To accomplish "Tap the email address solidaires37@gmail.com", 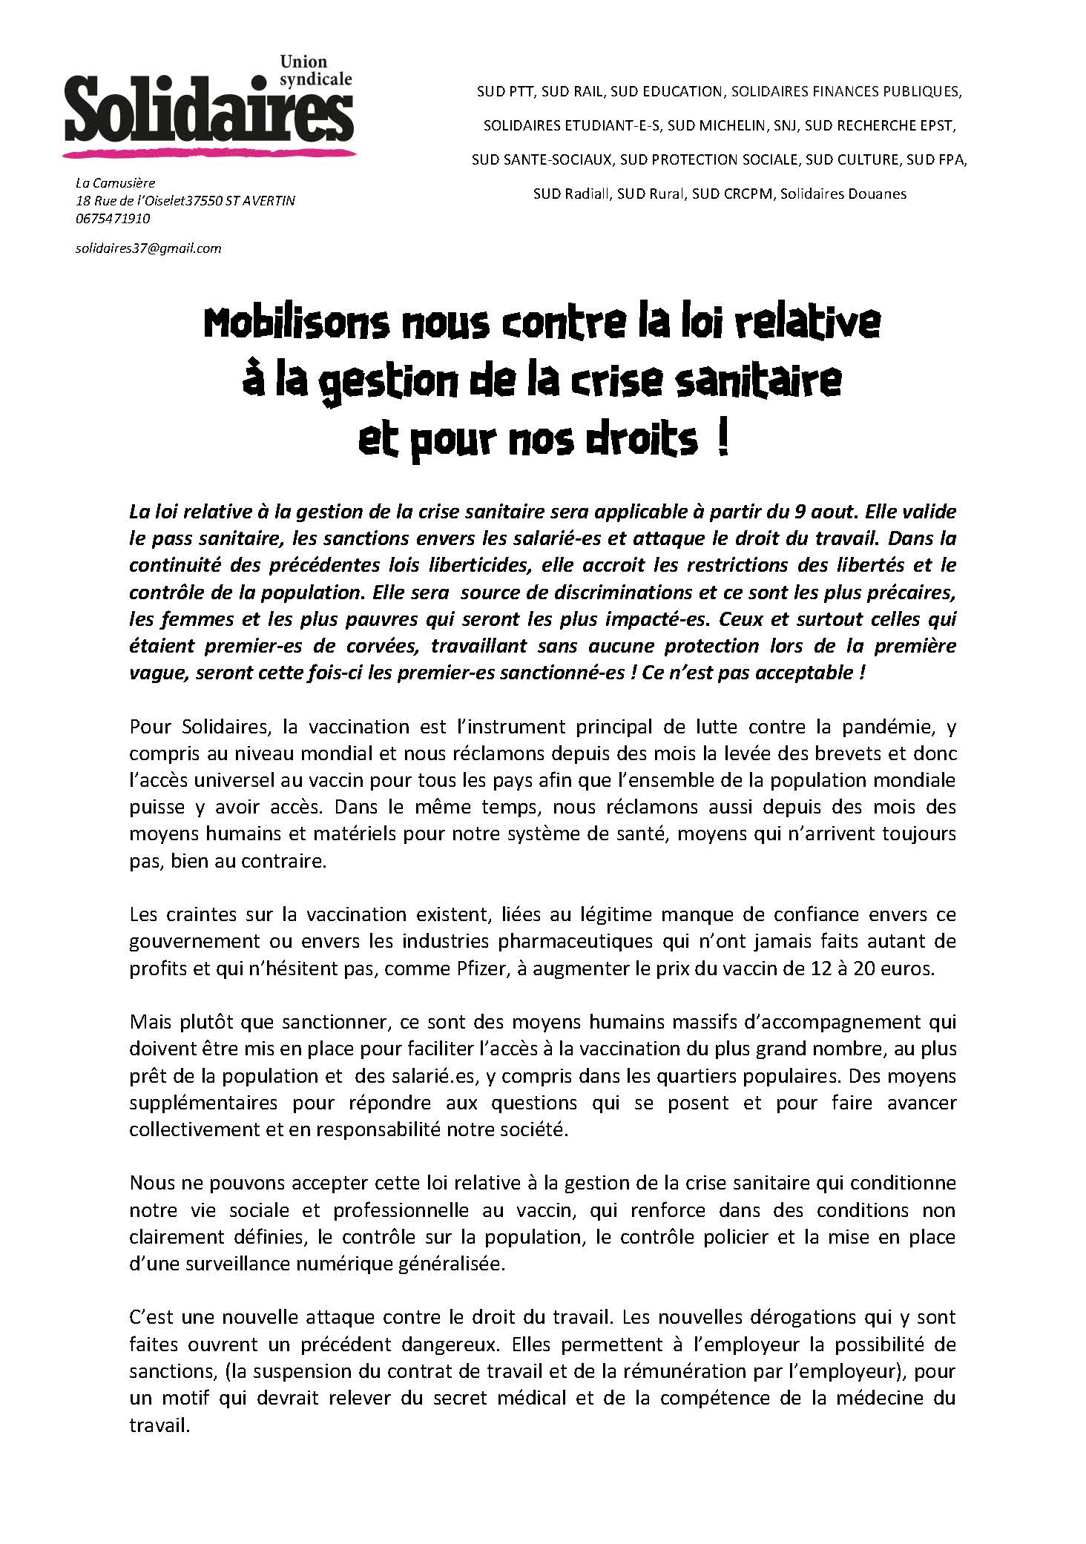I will pyautogui.click(x=148, y=248).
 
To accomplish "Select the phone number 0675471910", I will pyautogui.click(x=113, y=219).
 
